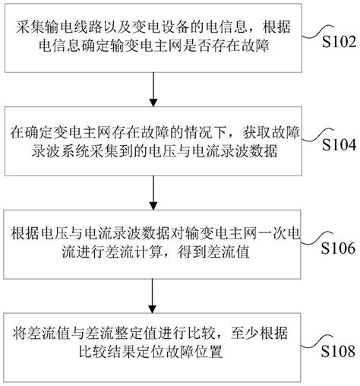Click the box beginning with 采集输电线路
155,35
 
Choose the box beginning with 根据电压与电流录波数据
155,240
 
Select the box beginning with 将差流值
155,343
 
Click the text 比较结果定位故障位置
155,353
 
